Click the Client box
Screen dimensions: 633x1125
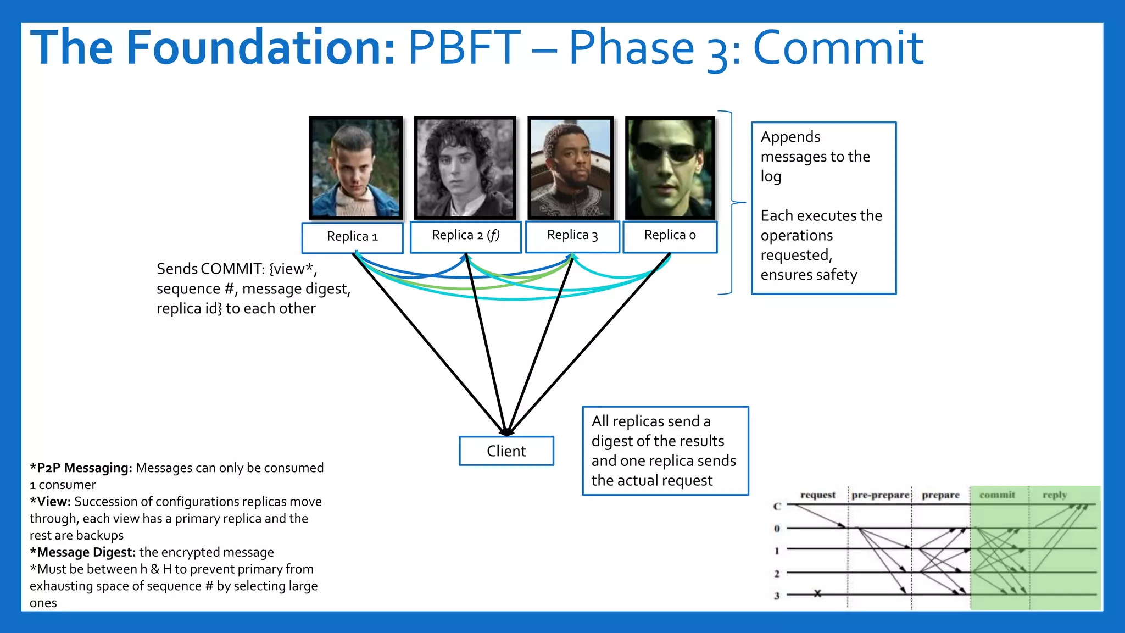[x=506, y=451]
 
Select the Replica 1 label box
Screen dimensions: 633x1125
[x=352, y=237]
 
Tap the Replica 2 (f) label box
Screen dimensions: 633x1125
[x=465, y=236]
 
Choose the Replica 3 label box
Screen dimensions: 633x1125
[x=572, y=236]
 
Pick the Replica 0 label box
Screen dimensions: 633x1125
[x=670, y=236]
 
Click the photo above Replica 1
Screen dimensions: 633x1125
[x=355, y=168]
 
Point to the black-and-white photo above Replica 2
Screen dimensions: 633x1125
[x=465, y=168]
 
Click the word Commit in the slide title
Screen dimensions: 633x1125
[x=838, y=48]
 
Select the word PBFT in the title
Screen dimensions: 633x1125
[x=464, y=48]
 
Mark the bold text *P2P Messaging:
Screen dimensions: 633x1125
[x=81, y=468]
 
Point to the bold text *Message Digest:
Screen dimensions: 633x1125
[x=82, y=552]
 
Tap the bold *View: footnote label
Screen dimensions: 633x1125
[x=50, y=502]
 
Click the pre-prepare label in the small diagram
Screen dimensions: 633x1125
[x=880, y=495]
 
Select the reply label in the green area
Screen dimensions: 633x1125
[x=1055, y=495]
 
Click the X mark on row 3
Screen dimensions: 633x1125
[x=817, y=593]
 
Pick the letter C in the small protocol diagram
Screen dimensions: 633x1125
[x=777, y=506]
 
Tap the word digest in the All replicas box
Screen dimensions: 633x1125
[x=612, y=441]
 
